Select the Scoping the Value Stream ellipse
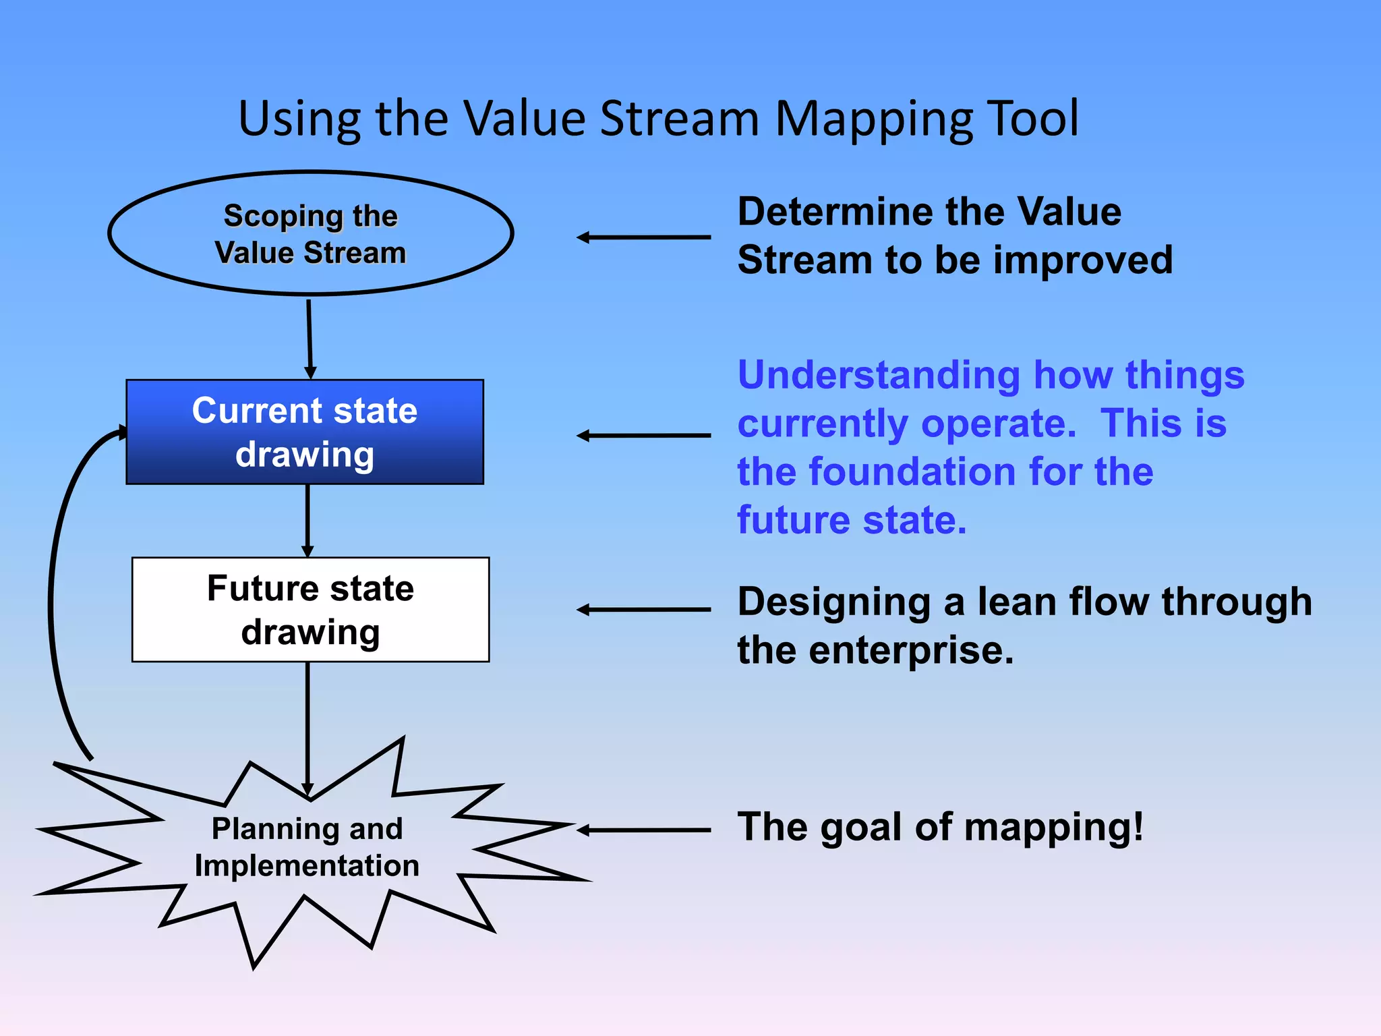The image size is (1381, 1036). coord(311,233)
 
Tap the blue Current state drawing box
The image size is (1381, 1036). coord(305,432)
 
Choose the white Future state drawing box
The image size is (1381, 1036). coord(310,610)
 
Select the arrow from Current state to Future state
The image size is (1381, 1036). coord(307,519)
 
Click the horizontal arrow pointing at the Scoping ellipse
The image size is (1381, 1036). coord(644,237)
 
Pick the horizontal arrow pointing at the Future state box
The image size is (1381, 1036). coord(644,610)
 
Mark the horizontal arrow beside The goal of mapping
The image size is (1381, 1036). coord(644,830)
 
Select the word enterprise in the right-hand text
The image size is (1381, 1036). coord(911,651)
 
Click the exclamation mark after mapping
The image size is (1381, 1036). coord(1138,826)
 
